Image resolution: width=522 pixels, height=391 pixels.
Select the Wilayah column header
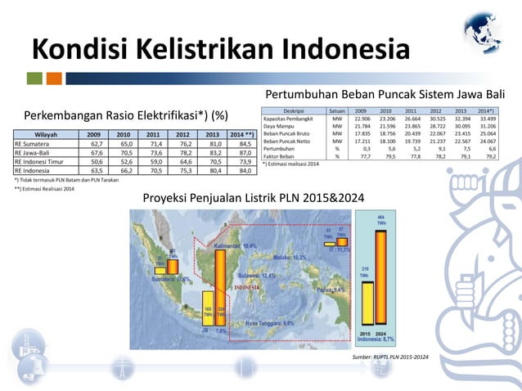pos(48,133)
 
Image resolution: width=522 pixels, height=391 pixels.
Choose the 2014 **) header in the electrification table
pos(240,133)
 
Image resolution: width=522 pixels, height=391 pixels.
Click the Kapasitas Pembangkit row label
pos(287,119)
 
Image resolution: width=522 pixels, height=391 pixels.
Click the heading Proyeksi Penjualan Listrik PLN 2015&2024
pos(254,197)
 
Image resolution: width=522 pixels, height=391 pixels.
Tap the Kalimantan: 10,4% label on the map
pos(235,245)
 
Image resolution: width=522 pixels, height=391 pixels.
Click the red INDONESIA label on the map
pos(246,288)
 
